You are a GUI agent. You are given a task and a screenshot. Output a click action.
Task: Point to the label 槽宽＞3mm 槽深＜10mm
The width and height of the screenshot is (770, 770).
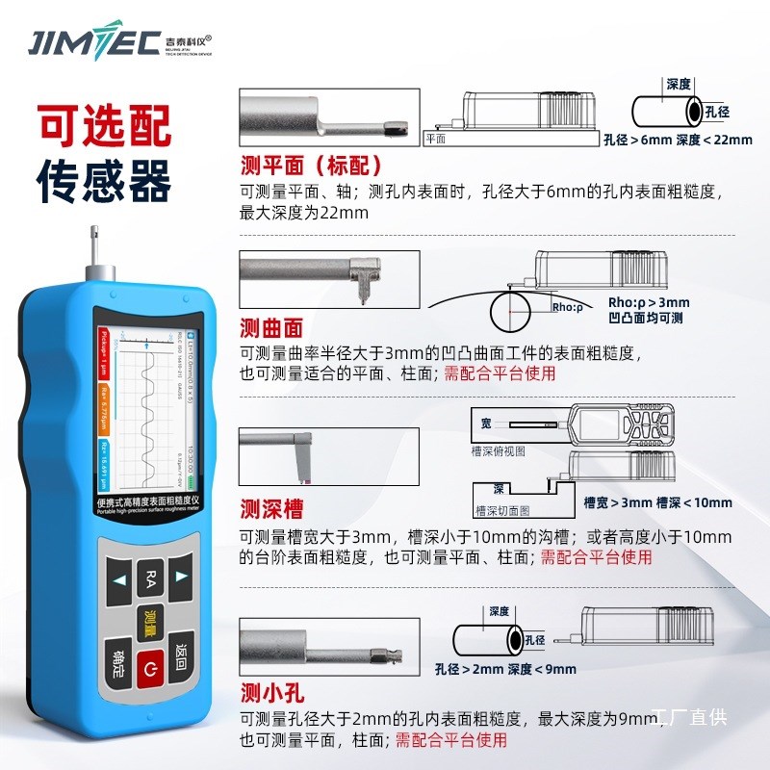pos(657,502)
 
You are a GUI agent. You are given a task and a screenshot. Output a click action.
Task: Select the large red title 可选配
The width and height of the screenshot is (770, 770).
pos(104,123)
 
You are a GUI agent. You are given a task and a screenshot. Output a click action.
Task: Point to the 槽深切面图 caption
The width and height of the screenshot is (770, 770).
pos(501,510)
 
